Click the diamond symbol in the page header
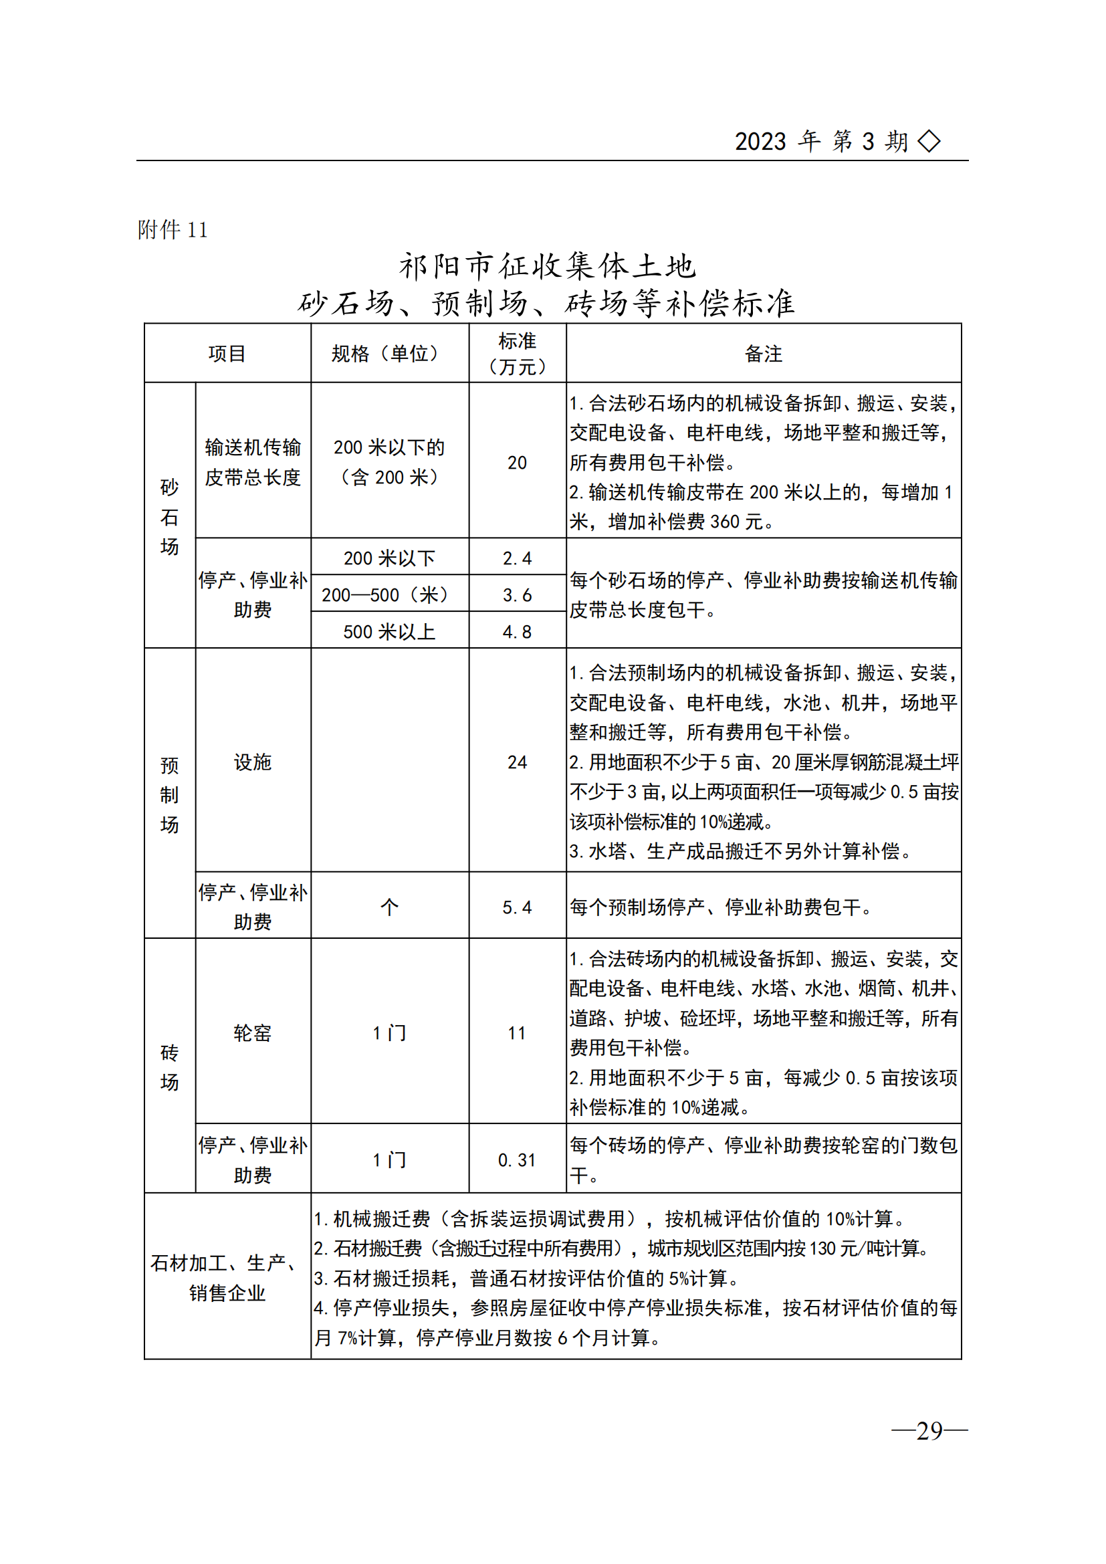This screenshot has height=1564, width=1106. pos(929,142)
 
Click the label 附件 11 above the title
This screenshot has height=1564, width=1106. pos(173,229)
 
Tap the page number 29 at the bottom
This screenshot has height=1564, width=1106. pos(929,1430)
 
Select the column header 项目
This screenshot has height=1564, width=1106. pos(227,354)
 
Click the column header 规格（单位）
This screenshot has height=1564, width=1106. pos(389,354)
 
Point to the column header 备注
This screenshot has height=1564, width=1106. pos(764,354)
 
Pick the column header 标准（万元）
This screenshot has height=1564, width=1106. pos(517,354)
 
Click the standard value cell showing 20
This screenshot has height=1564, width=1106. pos(517,463)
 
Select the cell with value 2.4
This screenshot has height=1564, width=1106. pos(517,558)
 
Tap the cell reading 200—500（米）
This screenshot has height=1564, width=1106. pos(389,594)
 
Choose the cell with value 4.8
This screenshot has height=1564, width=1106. pos(517,632)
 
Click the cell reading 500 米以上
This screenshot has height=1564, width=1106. pos(389,632)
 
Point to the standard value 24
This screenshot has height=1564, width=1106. pos(517,762)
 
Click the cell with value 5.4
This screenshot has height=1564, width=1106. pos(517,907)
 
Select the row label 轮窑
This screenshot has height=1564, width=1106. pos(253,1033)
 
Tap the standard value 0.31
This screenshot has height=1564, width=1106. pos(517,1160)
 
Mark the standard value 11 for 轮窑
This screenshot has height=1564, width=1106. pos(517,1033)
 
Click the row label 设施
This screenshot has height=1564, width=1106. pos(253,762)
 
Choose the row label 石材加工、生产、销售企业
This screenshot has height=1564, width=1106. pos(227,1278)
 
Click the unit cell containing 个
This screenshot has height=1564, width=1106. pos(389,907)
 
